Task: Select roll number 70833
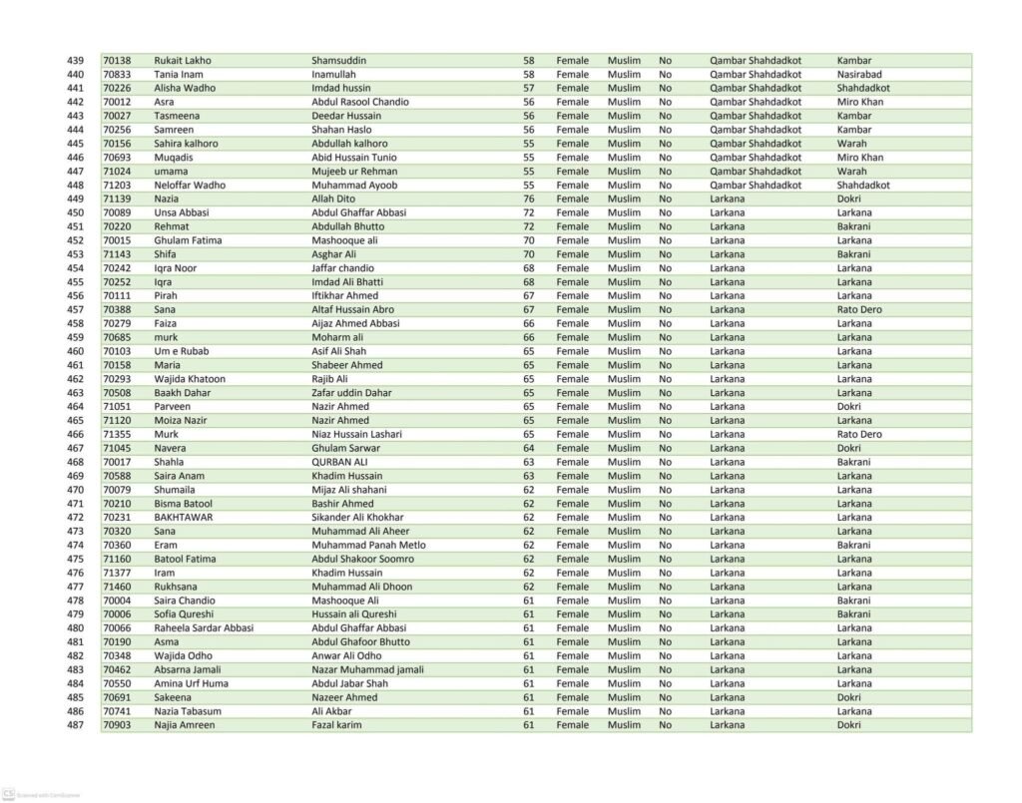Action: (117, 75)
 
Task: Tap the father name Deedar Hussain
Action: (346, 116)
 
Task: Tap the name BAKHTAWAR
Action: (184, 517)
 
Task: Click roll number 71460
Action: (117, 587)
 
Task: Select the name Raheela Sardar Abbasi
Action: (204, 628)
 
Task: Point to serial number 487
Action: (75, 725)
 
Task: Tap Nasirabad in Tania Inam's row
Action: (859, 75)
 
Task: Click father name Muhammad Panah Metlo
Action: (368, 545)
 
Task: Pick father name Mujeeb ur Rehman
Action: (354, 172)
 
